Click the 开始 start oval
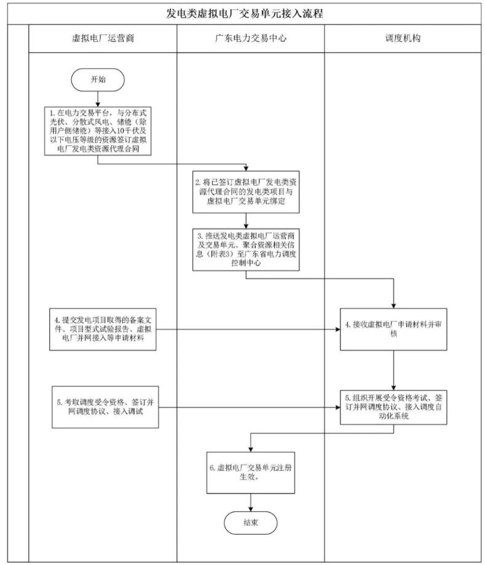[x=98, y=79]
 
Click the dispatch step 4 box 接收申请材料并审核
[x=394, y=329]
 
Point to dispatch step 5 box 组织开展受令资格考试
[x=394, y=407]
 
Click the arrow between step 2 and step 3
[x=246, y=218]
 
